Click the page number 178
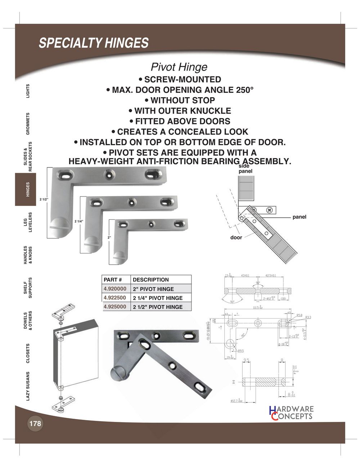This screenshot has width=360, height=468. (x=35, y=423)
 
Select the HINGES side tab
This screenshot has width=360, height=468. (x=28, y=189)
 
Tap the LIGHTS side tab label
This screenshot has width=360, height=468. (x=28, y=90)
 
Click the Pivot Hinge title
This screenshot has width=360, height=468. (x=179, y=67)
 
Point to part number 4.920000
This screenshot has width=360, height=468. (x=115, y=289)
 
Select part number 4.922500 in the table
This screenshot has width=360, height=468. (x=115, y=298)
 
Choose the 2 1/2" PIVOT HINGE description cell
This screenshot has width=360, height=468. (x=158, y=307)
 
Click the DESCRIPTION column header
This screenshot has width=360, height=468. (x=151, y=280)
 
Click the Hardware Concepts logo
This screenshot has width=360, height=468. (x=291, y=413)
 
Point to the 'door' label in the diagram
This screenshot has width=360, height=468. (x=236, y=238)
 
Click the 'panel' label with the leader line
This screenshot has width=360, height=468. (x=299, y=217)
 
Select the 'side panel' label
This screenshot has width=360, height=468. (x=246, y=169)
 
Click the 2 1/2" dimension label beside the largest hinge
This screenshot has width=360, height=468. (x=44, y=199)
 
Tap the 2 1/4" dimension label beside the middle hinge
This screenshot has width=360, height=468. (x=79, y=221)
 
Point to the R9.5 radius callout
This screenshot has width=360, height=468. (x=240, y=351)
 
